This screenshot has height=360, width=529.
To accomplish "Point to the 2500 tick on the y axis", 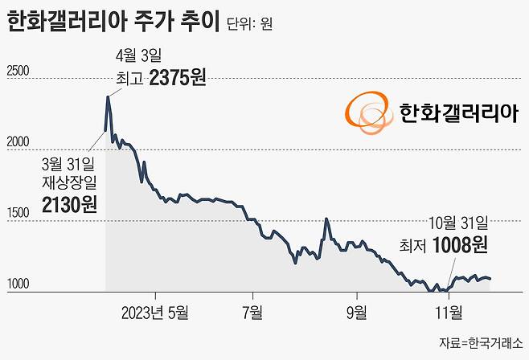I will click(18, 71).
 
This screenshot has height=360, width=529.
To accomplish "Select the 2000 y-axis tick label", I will click(18, 142).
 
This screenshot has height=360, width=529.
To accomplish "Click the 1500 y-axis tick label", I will click(18, 213).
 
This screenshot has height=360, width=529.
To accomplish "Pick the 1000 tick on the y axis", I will click(18, 284).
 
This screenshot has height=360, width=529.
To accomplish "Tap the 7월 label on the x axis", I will click(252, 311).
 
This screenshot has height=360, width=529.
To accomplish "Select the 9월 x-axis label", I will click(355, 311).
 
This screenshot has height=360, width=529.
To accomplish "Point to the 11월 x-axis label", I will click(448, 311).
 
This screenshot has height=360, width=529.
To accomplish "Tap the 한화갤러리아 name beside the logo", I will click(456, 112).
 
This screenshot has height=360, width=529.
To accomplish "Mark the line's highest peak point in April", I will click(108, 96).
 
